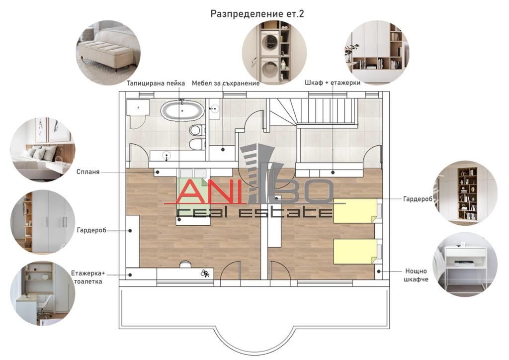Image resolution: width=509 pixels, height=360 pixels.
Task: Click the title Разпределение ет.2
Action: point(257,14)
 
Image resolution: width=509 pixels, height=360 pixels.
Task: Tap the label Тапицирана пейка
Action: point(156,83)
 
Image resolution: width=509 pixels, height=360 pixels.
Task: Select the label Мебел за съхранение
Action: point(226,83)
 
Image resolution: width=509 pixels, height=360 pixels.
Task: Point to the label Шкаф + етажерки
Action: point(333,83)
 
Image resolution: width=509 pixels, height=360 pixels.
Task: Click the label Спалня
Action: point(88,172)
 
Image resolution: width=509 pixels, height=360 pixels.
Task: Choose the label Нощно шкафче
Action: point(416,275)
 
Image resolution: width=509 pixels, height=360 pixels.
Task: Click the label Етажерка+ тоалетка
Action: point(88,277)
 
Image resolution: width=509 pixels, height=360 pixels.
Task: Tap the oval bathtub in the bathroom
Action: point(182,111)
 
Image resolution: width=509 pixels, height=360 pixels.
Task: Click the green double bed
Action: point(194,197)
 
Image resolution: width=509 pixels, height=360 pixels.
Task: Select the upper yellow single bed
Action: point(356,211)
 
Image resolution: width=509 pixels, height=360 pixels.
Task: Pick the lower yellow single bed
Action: point(356,251)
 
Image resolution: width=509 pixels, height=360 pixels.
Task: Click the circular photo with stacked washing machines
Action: point(274,53)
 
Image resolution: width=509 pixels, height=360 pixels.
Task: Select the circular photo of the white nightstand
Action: point(465,264)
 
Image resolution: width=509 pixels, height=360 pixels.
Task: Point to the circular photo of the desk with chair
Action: point(43,293)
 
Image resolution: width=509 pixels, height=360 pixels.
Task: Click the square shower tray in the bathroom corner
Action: point(138,107)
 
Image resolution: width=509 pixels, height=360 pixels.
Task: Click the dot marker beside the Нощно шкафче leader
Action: point(379,271)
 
